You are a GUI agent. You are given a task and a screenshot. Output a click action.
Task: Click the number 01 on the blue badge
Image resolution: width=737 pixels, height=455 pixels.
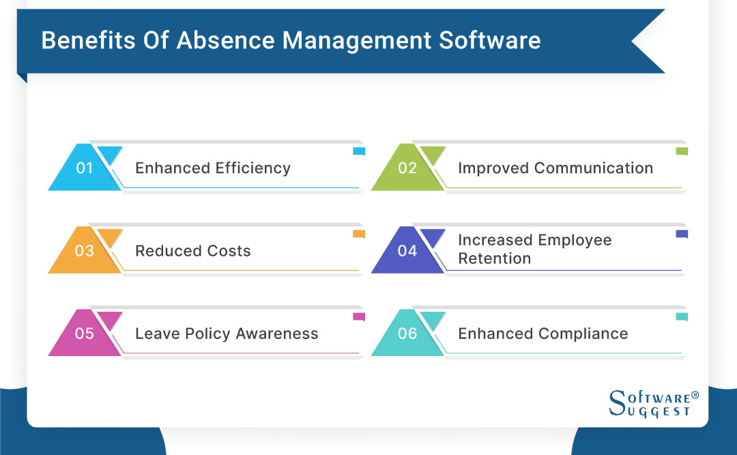(85, 168)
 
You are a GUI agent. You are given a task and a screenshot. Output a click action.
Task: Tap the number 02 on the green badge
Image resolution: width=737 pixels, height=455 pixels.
(407, 168)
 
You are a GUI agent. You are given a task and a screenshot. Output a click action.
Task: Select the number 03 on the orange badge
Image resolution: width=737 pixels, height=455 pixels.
(85, 251)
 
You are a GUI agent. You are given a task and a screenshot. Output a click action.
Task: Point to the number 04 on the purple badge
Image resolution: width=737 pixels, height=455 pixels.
(407, 251)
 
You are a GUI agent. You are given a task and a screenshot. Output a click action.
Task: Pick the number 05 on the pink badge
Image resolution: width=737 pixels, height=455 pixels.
(85, 334)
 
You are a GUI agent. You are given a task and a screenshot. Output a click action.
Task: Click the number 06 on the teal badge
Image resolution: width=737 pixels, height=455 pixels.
(407, 334)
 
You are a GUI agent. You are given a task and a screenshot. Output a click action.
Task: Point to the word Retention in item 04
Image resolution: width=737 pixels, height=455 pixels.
(494, 259)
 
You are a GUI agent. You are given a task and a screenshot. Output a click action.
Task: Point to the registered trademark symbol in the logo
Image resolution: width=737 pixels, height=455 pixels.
(695, 395)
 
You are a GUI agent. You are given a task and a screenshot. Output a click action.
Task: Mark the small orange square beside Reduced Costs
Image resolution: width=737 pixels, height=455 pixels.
(358, 235)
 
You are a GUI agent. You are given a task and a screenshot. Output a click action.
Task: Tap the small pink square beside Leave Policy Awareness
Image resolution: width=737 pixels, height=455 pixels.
(358, 317)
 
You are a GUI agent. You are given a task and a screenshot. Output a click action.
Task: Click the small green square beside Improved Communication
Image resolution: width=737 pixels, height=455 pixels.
(681, 151)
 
